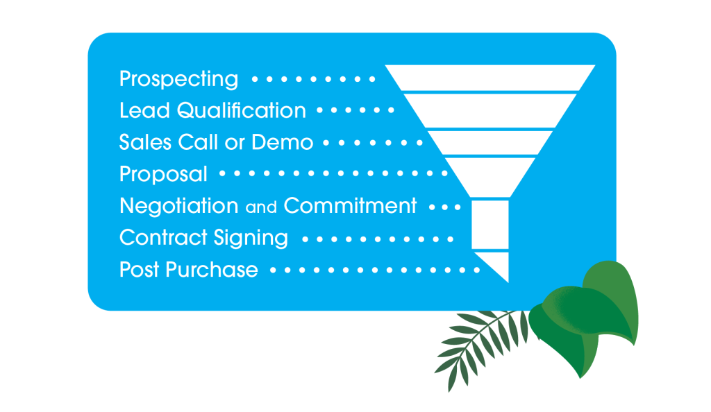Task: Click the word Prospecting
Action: pos(178,79)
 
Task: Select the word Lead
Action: pos(144,110)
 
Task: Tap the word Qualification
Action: pos(241,110)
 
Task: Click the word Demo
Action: pos(282,142)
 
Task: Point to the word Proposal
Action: pos(163,174)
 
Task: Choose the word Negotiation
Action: pos(178,206)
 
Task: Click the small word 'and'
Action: pos(261,207)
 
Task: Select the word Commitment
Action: pos(350,206)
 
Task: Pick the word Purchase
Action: pos(212,270)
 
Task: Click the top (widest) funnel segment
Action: pos(490,78)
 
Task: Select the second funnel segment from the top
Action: pos(490,111)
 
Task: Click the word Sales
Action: pos(144,142)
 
